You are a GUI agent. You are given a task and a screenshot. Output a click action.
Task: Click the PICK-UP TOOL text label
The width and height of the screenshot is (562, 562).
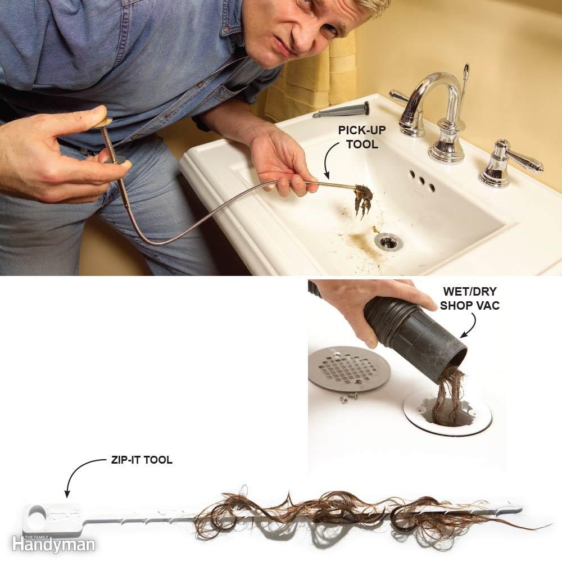[x=357, y=137]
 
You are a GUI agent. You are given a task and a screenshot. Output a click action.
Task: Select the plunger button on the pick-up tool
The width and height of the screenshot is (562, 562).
[x=102, y=122]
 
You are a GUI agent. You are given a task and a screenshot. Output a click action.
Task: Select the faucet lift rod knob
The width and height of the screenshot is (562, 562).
[x=465, y=70]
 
